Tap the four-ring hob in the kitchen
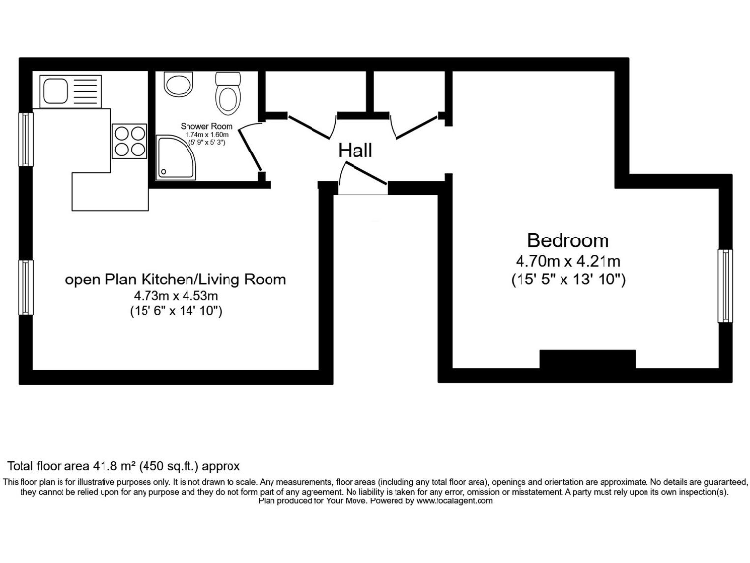[x=129, y=142]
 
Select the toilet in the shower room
[x=229, y=93]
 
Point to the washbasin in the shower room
[x=178, y=84]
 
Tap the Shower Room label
[x=206, y=127]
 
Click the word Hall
[x=354, y=152]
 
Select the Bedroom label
[x=567, y=240]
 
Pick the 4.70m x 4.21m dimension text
[x=567, y=261]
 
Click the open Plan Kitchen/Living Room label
[x=176, y=280]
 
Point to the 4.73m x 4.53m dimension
[x=176, y=296]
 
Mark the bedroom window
[x=725, y=285]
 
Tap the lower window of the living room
[x=26, y=286]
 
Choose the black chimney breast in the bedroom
[x=587, y=360]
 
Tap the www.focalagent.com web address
[x=454, y=501]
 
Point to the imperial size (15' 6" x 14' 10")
[x=176, y=311]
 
